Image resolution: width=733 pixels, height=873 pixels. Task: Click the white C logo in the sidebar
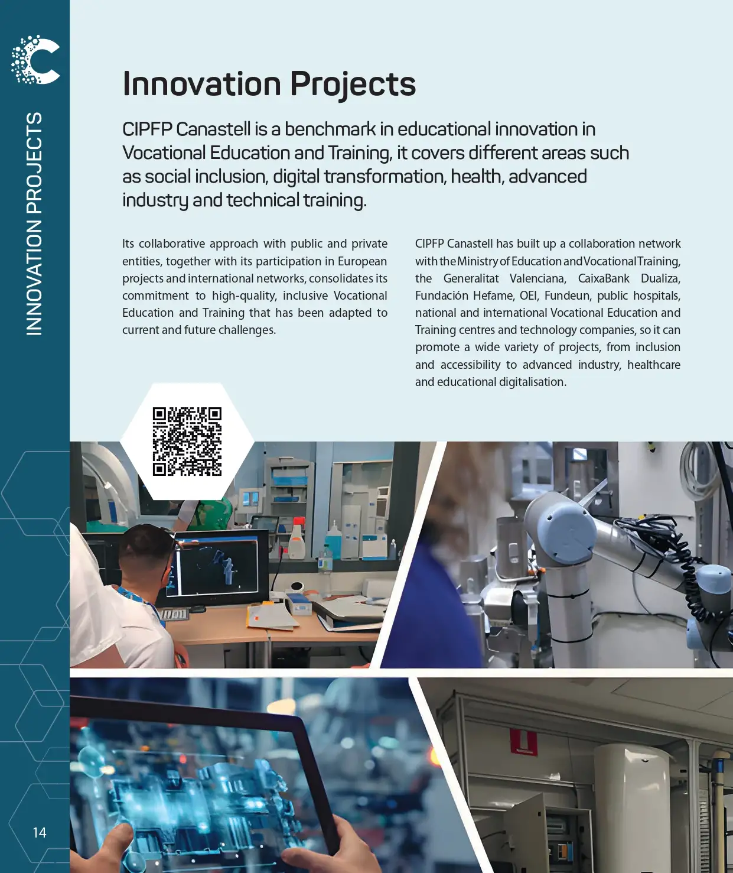click(35, 60)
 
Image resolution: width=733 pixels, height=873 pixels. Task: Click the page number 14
click(40, 832)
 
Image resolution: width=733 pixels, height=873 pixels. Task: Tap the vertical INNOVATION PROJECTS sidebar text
click(34, 223)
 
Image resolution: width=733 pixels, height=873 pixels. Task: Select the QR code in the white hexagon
click(187, 442)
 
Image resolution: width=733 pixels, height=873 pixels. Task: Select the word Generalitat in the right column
click(471, 278)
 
